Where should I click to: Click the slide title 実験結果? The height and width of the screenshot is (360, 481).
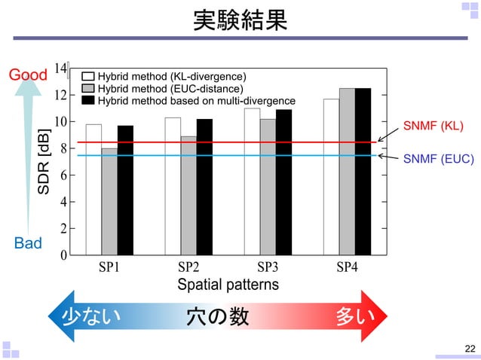click(240, 20)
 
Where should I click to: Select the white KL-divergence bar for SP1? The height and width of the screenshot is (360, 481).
click(93, 189)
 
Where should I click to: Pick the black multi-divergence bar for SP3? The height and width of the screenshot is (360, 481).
click(283, 182)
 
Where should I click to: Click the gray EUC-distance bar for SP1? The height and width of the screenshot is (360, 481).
click(109, 201)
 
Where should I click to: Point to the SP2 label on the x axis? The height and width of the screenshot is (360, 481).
click(188, 267)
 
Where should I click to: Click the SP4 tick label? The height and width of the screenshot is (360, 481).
click(347, 267)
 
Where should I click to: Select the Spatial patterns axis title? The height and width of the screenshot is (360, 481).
click(228, 285)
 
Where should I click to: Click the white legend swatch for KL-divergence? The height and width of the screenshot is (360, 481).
click(87, 77)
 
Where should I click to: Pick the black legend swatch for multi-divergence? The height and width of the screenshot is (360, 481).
click(87, 100)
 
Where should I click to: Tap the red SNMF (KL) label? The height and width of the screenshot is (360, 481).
click(433, 125)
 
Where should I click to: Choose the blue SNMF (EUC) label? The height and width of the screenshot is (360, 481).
click(438, 160)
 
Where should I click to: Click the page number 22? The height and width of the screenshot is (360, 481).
click(470, 347)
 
